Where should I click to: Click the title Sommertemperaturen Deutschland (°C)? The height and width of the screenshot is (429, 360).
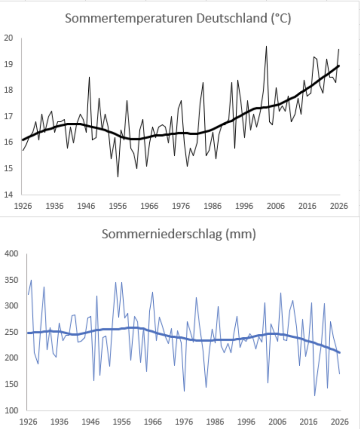(178, 18)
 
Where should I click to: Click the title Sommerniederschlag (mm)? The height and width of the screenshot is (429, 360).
(179, 234)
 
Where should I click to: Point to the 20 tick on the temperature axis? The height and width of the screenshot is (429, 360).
(8, 38)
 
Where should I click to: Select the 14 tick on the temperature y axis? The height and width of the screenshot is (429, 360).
(8, 194)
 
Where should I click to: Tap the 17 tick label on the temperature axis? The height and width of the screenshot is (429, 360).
(8, 116)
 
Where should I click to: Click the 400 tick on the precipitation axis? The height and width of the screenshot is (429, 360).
(11, 253)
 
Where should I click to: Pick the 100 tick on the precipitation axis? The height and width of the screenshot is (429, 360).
(11, 411)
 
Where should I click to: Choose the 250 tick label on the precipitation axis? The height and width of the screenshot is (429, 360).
(11, 332)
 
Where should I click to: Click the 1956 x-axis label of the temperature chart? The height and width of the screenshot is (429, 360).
(118, 206)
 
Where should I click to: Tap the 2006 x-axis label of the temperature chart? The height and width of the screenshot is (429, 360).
(276, 206)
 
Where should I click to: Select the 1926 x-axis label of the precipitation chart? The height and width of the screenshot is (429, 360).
(28, 421)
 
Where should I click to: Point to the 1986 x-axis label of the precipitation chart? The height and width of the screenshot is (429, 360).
(215, 421)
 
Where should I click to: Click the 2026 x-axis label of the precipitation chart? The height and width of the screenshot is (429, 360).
(340, 421)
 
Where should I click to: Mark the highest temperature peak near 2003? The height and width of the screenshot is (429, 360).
(266, 47)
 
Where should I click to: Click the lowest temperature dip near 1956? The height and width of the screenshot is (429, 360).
(118, 177)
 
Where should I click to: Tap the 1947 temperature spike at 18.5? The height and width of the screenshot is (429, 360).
(89, 78)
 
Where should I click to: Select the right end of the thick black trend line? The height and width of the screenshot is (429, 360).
(339, 66)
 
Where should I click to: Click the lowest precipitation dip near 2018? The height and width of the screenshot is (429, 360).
(315, 395)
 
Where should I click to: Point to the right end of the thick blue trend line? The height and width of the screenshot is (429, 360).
(340, 353)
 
